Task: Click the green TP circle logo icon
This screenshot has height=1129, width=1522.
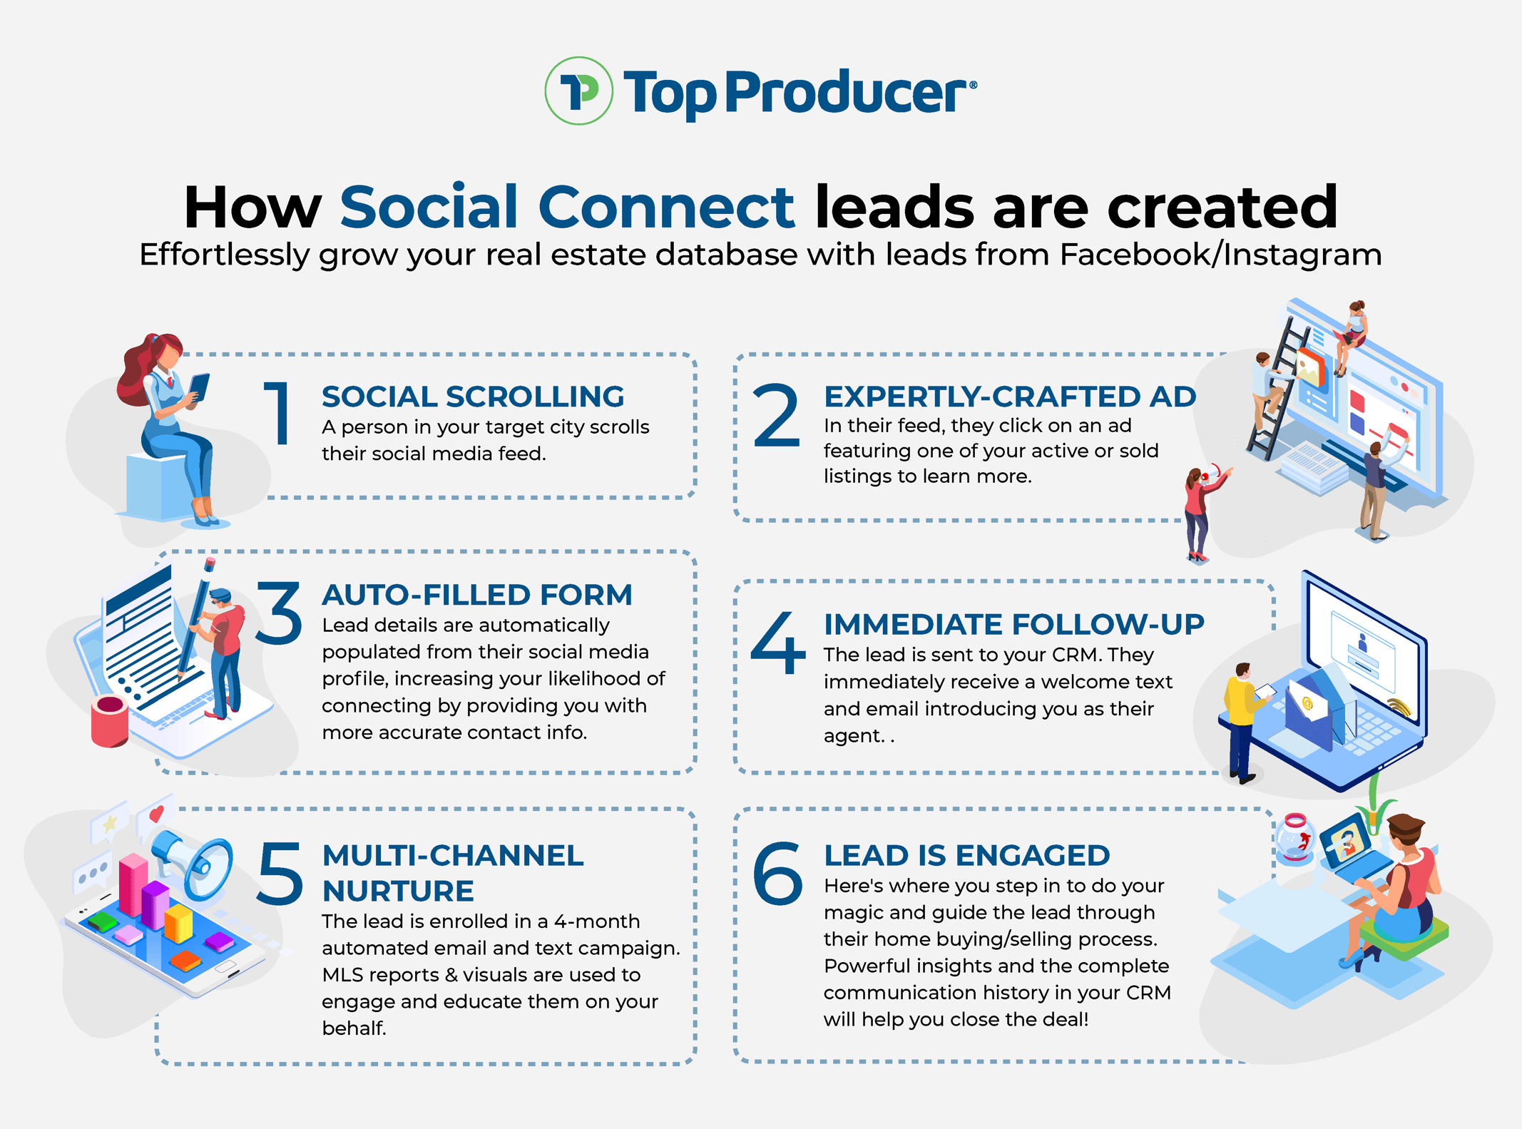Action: click(578, 91)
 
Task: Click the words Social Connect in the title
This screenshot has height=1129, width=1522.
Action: click(567, 207)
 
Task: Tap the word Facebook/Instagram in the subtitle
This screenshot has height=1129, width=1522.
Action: click(1220, 255)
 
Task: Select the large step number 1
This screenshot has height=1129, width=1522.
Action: click(277, 414)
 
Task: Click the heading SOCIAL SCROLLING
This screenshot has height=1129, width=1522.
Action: click(473, 397)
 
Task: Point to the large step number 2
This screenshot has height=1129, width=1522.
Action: click(776, 415)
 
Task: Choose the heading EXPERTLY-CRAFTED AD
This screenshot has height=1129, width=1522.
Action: click(1009, 397)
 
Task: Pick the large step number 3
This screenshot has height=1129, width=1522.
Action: click(279, 612)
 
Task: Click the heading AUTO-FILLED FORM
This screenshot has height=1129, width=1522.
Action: click(476, 595)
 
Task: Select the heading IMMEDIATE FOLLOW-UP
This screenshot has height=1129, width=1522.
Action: click(1013, 624)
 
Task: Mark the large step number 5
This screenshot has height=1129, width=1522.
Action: click(279, 874)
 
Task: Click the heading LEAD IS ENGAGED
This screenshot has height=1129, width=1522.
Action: click(966, 855)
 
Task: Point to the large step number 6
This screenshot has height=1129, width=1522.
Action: click(777, 874)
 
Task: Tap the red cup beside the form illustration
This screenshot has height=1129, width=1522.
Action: click(110, 721)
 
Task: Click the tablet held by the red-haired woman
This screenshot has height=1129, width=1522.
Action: click(200, 387)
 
